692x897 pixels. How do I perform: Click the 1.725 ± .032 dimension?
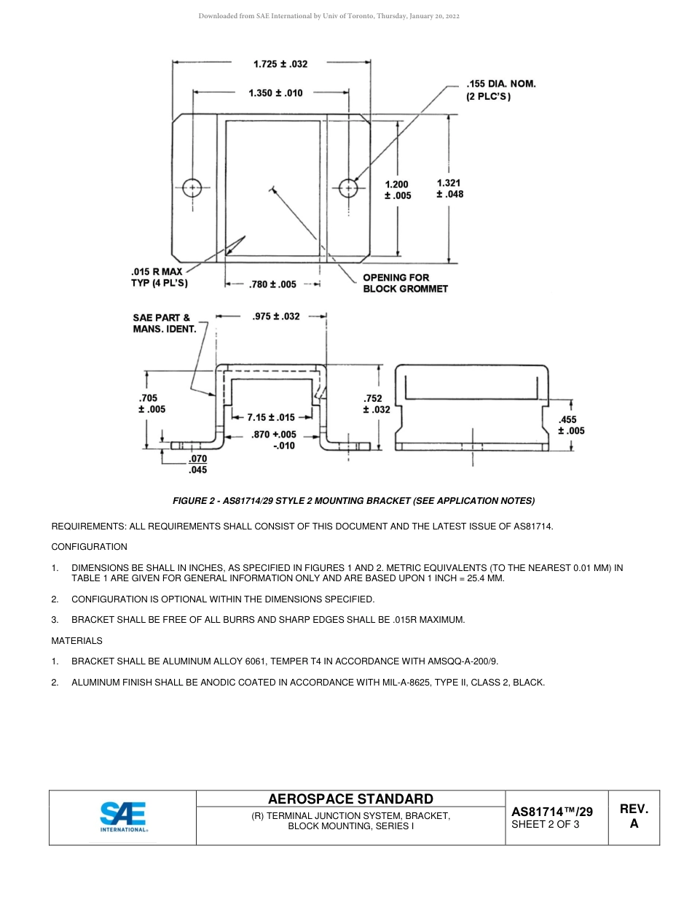[280, 64]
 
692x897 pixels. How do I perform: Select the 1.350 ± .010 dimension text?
[275, 93]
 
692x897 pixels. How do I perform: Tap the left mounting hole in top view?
[192, 188]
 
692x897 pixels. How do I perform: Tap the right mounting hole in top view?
[349, 188]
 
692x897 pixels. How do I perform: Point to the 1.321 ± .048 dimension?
[449, 189]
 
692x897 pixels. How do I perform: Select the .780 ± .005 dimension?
[272, 285]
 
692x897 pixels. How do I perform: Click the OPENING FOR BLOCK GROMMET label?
[405, 283]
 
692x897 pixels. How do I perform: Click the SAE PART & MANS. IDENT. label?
[164, 323]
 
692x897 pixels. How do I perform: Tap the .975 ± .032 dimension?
[275, 317]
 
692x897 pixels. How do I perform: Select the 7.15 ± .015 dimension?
[270, 418]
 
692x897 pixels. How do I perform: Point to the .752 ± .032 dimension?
[376, 404]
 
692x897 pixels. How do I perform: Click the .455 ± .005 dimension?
[571, 425]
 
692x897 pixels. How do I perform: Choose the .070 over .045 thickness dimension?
[197, 465]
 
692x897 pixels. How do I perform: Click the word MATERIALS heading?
[76, 641]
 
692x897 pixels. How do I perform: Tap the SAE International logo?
[123, 818]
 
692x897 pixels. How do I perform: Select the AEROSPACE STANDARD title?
[350, 799]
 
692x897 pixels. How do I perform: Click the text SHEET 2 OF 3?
[545, 825]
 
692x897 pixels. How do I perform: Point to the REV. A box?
[634, 817]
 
